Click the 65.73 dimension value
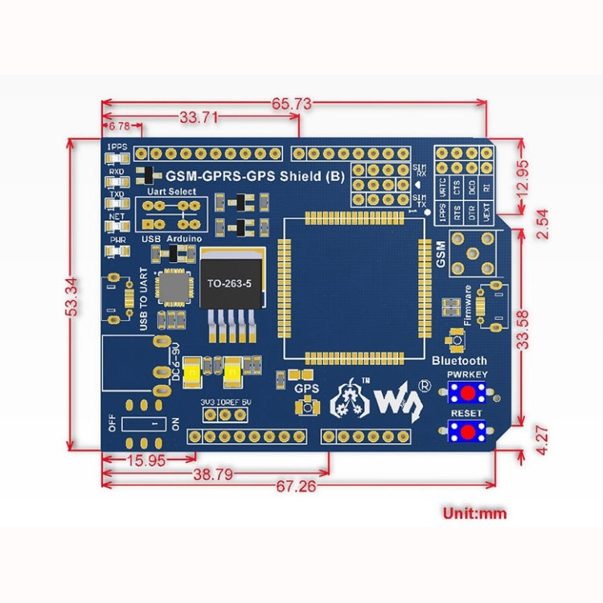coord(291,104)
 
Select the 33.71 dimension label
coord(199,117)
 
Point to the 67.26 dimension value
coord(297,486)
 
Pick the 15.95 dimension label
coord(146,461)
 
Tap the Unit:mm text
coord(474,512)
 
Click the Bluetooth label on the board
coord(460,361)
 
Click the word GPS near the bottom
coord(307,388)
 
